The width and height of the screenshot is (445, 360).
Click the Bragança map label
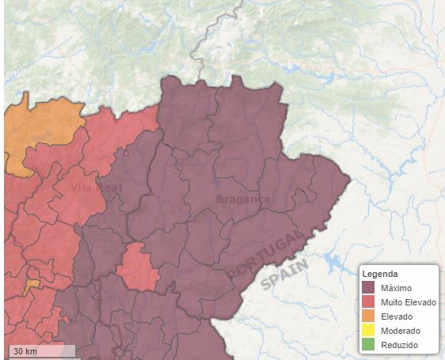pyautogui.click(x=242, y=199)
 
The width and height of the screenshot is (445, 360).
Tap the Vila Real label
pyautogui.click(x=97, y=188)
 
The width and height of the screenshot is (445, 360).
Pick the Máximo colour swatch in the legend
pyautogui.click(x=368, y=288)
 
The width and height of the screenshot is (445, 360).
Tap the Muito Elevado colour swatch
pyautogui.click(x=368, y=302)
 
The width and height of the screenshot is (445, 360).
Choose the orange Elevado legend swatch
pyautogui.click(x=368, y=316)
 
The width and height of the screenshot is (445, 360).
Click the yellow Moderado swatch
pyautogui.click(x=368, y=331)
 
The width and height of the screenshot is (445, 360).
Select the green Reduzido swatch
pyautogui.click(x=368, y=345)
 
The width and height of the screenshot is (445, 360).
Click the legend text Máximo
pyautogui.click(x=396, y=288)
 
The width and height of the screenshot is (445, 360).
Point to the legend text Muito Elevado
pyautogui.click(x=408, y=302)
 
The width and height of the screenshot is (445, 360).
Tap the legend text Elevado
pyautogui.click(x=397, y=316)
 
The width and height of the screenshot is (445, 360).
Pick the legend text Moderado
pyautogui.click(x=400, y=331)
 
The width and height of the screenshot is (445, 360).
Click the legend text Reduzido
pyautogui.click(x=399, y=345)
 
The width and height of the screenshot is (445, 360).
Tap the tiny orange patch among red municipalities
pyautogui.click(x=32, y=285)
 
